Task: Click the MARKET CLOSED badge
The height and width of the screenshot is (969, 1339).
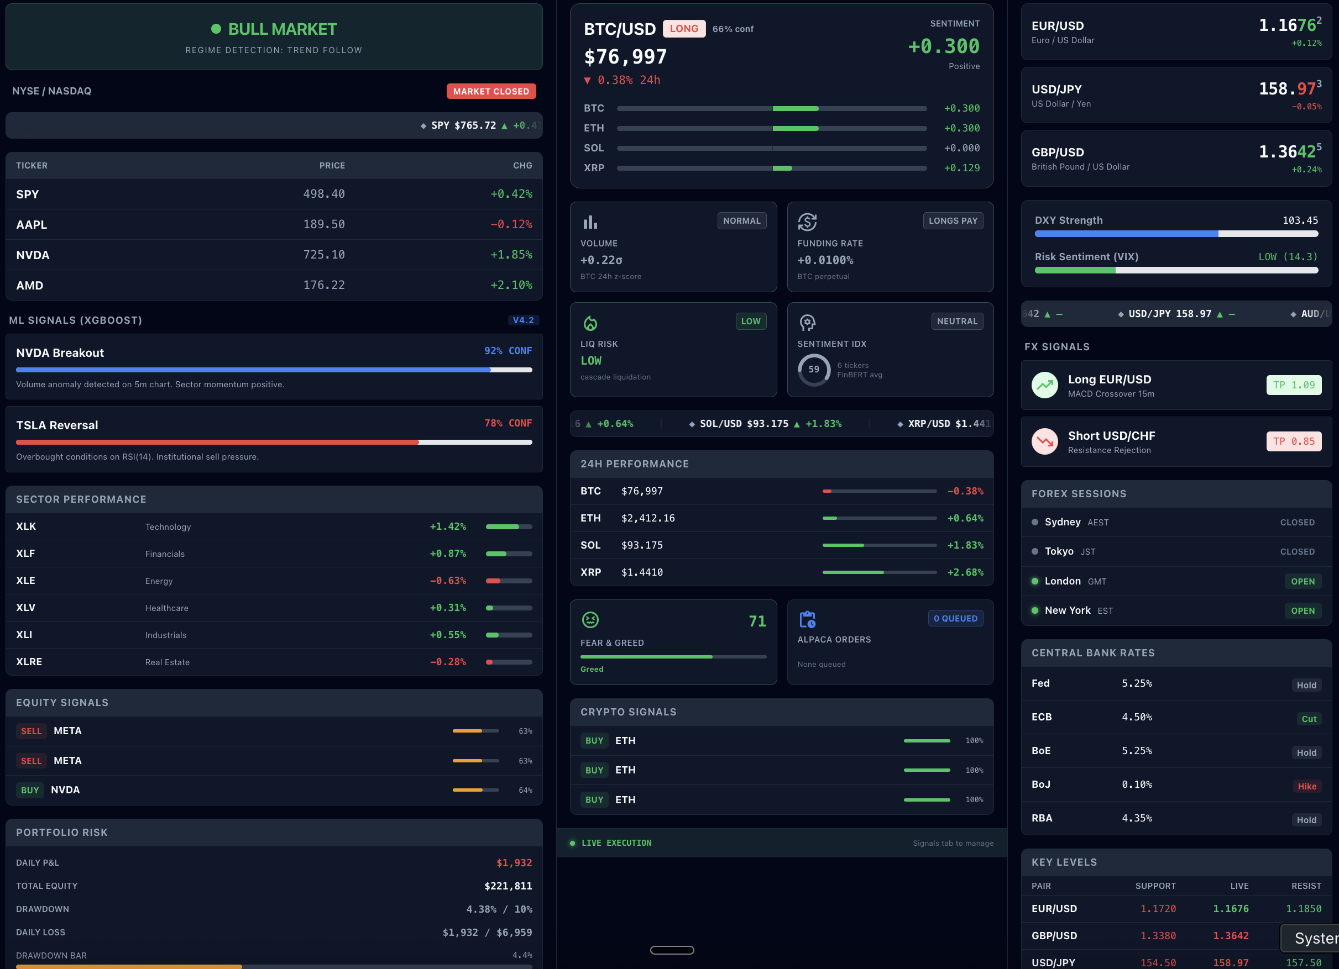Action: [490, 92]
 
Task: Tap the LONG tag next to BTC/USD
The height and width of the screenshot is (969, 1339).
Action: [684, 29]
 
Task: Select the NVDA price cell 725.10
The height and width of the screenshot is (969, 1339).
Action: [324, 255]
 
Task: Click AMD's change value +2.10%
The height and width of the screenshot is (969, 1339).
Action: [511, 286]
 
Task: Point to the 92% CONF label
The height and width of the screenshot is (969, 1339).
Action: [508, 351]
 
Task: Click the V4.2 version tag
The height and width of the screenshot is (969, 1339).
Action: [523, 320]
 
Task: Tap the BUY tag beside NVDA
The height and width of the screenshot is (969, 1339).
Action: [30, 790]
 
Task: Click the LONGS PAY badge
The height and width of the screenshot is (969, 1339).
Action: [953, 221]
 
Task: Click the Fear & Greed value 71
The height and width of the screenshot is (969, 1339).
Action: [757, 622]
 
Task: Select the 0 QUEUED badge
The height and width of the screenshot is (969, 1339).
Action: [955, 618]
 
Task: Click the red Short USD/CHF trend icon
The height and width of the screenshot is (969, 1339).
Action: [1045, 441]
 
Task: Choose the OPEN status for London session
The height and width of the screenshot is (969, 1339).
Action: [1303, 582]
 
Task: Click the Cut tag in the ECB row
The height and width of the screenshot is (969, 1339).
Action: [1309, 719]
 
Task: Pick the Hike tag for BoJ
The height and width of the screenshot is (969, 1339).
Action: [1307, 787]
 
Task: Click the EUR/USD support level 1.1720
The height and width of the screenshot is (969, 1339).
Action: [1158, 909]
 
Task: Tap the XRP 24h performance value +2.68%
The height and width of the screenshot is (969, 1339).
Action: [965, 572]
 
